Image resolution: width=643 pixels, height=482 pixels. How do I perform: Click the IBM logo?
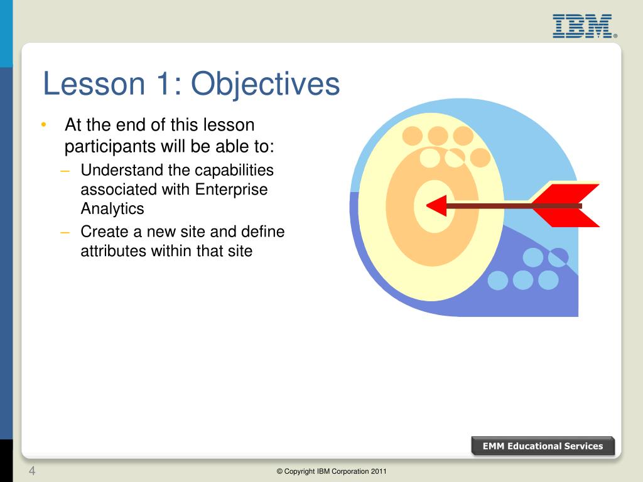click(x=585, y=26)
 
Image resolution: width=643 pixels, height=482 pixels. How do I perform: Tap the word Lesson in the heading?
click(x=94, y=83)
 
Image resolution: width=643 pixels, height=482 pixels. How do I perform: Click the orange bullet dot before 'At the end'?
click(x=44, y=125)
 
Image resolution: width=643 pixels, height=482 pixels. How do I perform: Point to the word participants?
click(x=110, y=147)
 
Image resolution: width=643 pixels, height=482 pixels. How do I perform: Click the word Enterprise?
click(x=231, y=190)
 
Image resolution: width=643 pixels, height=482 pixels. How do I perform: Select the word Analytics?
click(x=112, y=209)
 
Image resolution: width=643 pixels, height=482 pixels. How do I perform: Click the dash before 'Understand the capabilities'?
click(x=65, y=171)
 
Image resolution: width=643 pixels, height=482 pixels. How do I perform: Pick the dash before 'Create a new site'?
click(x=65, y=232)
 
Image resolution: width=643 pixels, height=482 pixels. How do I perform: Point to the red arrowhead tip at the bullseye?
click(x=427, y=205)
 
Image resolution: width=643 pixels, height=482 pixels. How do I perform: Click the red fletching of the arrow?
click(x=566, y=205)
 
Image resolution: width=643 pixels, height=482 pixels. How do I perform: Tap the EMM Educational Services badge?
click(x=543, y=446)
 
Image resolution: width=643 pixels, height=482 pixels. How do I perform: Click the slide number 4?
click(x=32, y=471)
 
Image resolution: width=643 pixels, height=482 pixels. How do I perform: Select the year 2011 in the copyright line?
click(x=379, y=471)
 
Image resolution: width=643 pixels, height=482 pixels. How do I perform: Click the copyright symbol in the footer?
click(x=279, y=471)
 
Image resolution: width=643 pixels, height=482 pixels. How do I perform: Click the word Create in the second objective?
click(x=105, y=232)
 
